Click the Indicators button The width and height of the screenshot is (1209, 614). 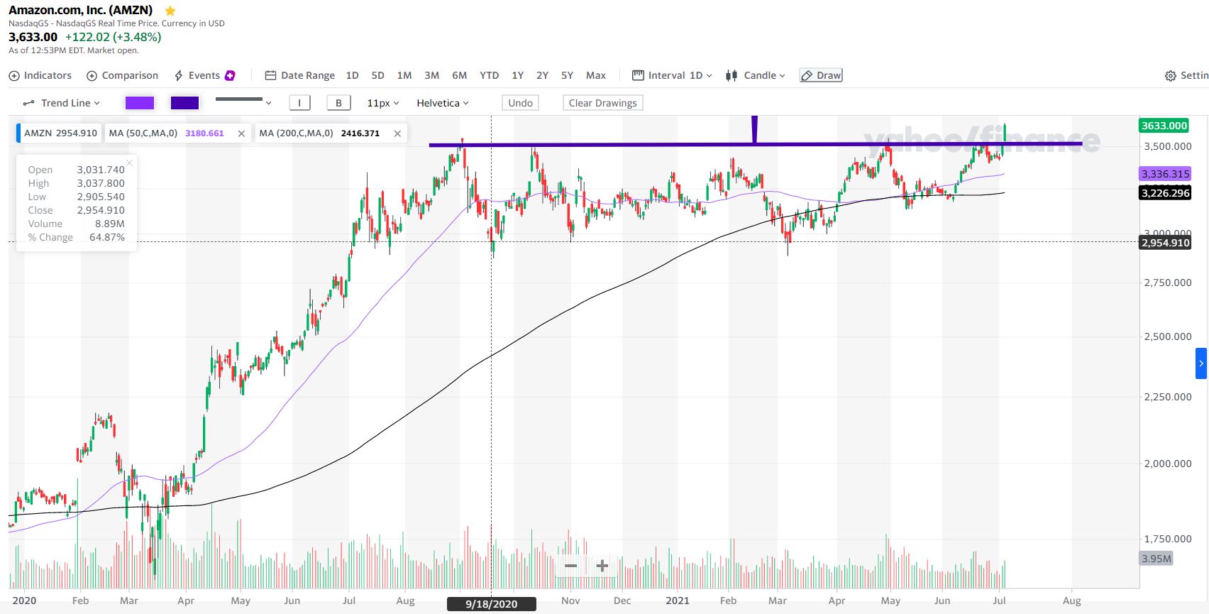pyautogui.click(x=40, y=75)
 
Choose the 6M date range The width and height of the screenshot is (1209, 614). pyautogui.click(x=459, y=75)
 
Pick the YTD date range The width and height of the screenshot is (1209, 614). pyautogui.click(x=489, y=75)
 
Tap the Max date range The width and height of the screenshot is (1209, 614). pyautogui.click(x=595, y=75)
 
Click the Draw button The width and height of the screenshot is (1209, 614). pyautogui.click(x=821, y=75)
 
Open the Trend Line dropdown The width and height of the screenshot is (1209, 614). pyautogui.click(x=62, y=103)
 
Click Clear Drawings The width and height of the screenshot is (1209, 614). pyautogui.click(x=602, y=103)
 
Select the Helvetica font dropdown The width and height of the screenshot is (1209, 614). pyautogui.click(x=442, y=103)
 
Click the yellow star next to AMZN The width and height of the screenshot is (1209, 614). pyautogui.click(x=170, y=11)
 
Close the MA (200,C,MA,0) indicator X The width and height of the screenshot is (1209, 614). pyautogui.click(x=397, y=133)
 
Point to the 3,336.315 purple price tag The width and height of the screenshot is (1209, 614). pyautogui.click(x=1165, y=174)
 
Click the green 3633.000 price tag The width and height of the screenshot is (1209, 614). pyautogui.click(x=1164, y=126)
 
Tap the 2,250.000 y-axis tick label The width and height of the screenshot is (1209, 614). pyautogui.click(x=1167, y=397)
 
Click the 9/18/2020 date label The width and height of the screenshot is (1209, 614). pyautogui.click(x=491, y=604)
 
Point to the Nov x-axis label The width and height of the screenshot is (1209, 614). pyautogui.click(x=570, y=601)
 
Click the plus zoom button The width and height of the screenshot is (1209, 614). pyautogui.click(x=602, y=566)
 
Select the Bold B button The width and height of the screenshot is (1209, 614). pyautogui.click(x=338, y=103)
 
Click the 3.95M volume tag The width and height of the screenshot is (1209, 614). pyautogui.click(x=1156, y=559)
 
